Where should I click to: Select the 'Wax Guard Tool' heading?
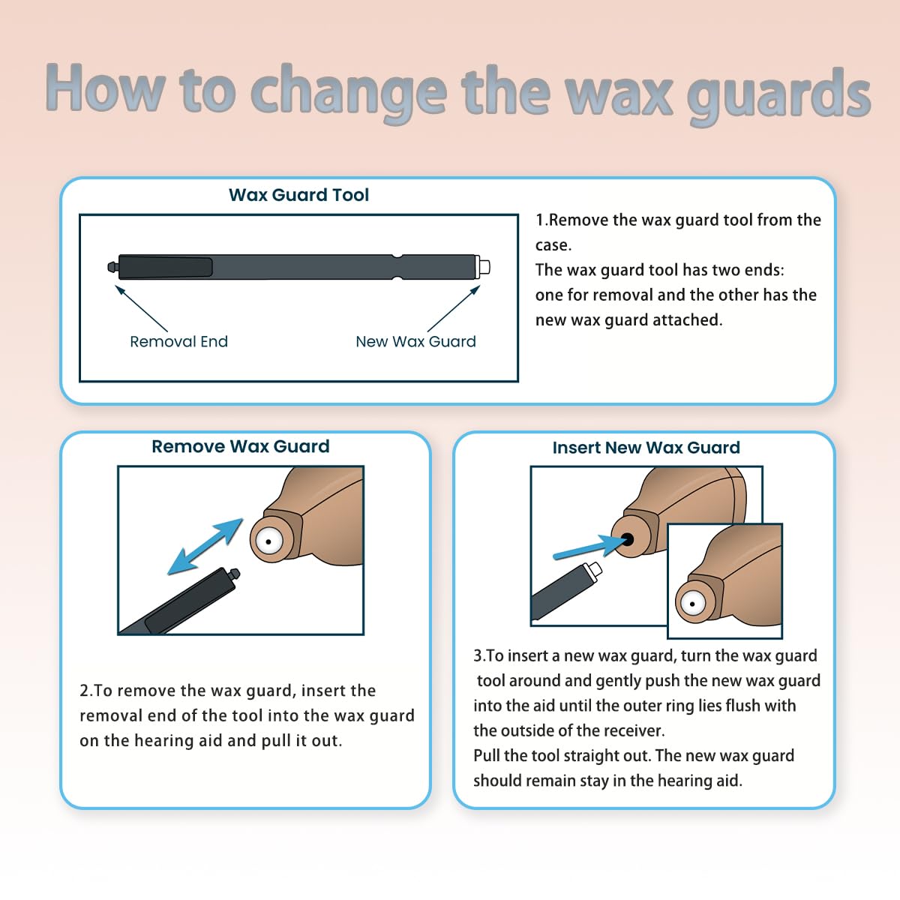click(x=298, y=195)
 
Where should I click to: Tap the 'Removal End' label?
click(x=178, y=341)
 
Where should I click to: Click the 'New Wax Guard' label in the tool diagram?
click(x=415, y=341)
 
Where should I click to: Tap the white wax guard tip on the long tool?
click(x=484, y=266)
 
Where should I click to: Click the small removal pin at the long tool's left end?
click(x=112, y=266)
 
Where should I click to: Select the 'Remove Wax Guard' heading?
click(x=240, y=446)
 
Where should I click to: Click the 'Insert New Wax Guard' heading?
click(x=646, y=448)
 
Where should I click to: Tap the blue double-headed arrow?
click(x=205, y=547)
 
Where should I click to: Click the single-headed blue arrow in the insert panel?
click(x=589, y=548)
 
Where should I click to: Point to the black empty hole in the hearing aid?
click(x=627, y=539)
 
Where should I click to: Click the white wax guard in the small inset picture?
click(x=691, y=603)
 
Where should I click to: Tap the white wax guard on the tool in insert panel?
click(x=594, y=569)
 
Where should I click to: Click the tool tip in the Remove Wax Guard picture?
click(x=234, y=574)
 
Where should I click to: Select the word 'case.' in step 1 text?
click(x=553, y=245)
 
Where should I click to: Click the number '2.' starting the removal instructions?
click(x=85, y=691)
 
